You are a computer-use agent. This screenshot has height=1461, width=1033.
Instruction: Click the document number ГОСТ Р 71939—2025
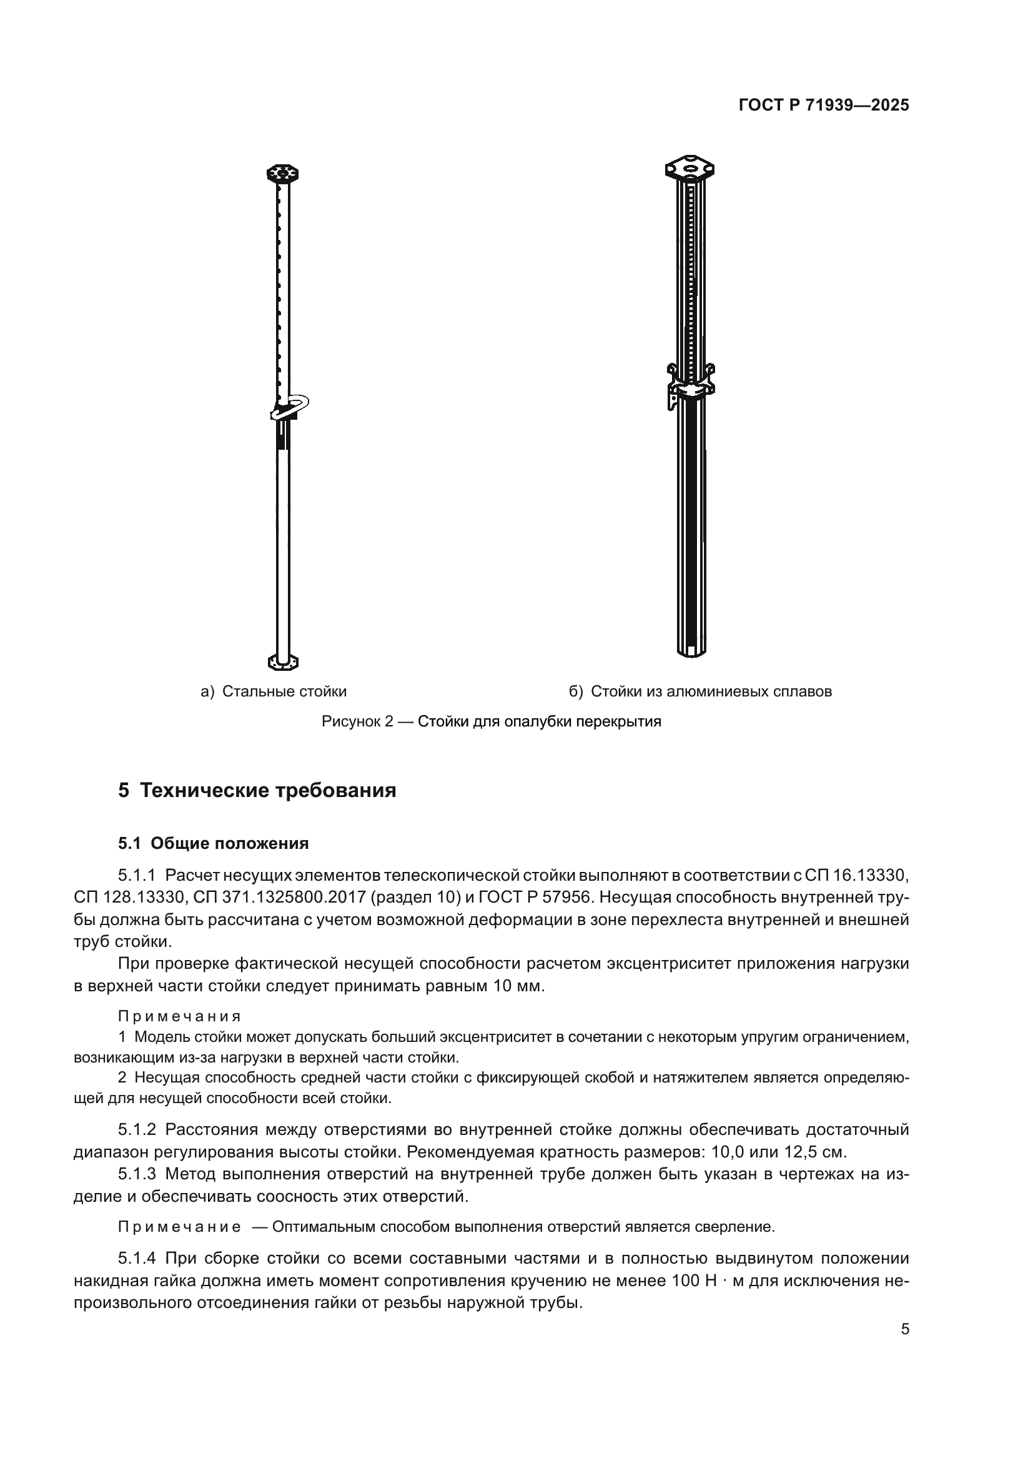click(824, 106)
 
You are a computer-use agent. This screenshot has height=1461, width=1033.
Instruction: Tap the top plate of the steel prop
click(282, 173)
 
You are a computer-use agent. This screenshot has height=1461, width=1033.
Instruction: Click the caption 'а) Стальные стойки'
click(274, 691)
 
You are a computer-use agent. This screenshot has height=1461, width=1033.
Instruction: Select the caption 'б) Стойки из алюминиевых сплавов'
click(700, 691)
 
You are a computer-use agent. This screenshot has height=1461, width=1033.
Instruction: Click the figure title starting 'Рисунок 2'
click(491, 721)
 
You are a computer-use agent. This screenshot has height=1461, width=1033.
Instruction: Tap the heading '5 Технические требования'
click(257, 791)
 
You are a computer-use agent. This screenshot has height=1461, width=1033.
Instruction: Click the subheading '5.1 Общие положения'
click(213, 844)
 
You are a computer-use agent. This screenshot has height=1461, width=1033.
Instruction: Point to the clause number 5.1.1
click(136, 876)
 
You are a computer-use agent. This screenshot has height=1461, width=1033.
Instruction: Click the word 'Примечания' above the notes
click(179, 1016)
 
